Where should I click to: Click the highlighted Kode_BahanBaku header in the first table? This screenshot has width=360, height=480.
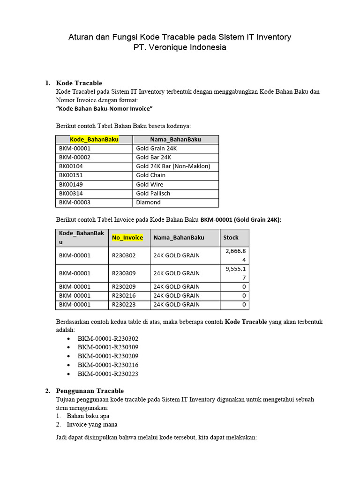[94, 139]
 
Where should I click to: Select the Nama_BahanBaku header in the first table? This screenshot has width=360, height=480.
[175, 139]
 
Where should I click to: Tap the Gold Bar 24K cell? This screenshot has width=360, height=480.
[153, 157]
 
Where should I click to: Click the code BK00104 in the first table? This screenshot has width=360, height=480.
[71, 166]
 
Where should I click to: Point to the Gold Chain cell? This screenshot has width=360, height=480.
[150, 175]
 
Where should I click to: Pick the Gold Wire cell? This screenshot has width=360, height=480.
[150, 184]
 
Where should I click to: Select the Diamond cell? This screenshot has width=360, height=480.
[148, 202]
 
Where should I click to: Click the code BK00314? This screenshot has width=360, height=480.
[71, 194]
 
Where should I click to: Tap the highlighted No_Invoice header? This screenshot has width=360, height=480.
[127, 238]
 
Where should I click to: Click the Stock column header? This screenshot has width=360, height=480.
[231, 238]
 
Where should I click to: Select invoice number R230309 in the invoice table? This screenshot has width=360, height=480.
[124, 273]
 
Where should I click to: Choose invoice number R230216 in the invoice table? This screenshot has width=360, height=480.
[124, 296]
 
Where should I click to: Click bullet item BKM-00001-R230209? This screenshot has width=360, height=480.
[108, 356]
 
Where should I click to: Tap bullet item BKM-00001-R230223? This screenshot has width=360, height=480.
[108, 374]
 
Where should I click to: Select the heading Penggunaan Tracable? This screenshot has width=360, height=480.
[90, 391]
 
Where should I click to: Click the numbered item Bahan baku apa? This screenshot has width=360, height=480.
[88, 416]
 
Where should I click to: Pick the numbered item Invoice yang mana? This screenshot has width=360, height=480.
[92, 425]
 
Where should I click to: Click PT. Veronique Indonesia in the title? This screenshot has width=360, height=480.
[180, 47]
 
